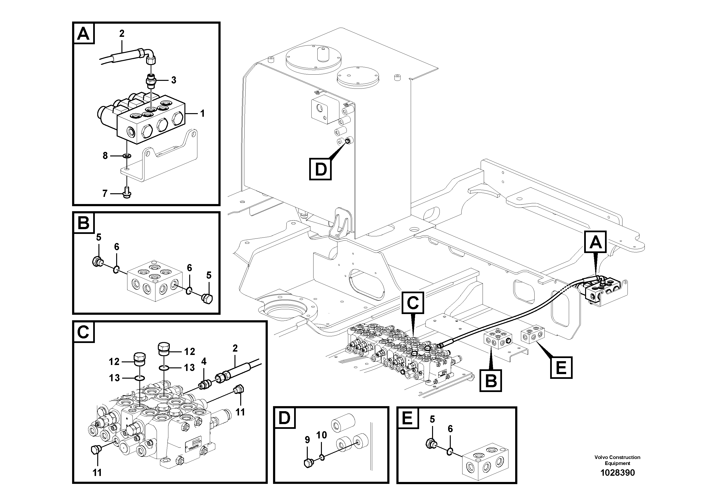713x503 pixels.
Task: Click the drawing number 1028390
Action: point(617,473)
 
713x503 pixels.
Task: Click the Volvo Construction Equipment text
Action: point(617,460)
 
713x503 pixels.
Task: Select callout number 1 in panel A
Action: point(202,114)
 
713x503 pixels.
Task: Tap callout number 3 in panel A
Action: point(174,80)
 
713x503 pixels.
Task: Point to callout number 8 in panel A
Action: point(105,155)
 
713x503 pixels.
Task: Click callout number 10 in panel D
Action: point(321,435)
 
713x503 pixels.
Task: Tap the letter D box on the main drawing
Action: point(320,169)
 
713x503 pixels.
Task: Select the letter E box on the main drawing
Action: point(561,368)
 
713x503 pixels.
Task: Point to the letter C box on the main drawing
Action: point(413,303)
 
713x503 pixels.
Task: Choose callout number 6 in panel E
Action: point(450,429)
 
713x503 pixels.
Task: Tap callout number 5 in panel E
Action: point(432,420)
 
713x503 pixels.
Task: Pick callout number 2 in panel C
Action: point(235,348)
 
